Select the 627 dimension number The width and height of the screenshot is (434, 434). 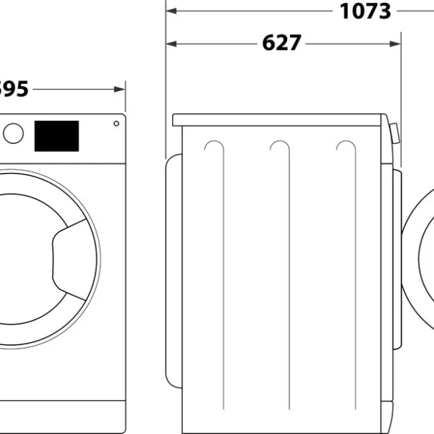click(281, 43)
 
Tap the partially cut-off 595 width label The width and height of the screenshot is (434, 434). click(13, 89)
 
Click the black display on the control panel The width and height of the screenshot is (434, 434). click(56, 136)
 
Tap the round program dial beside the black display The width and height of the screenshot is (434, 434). click(13, 133)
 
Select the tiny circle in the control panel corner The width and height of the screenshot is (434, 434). click(116, 124)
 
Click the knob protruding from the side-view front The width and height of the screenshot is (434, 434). click(394, 135)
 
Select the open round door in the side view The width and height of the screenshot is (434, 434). click(418, 268)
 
